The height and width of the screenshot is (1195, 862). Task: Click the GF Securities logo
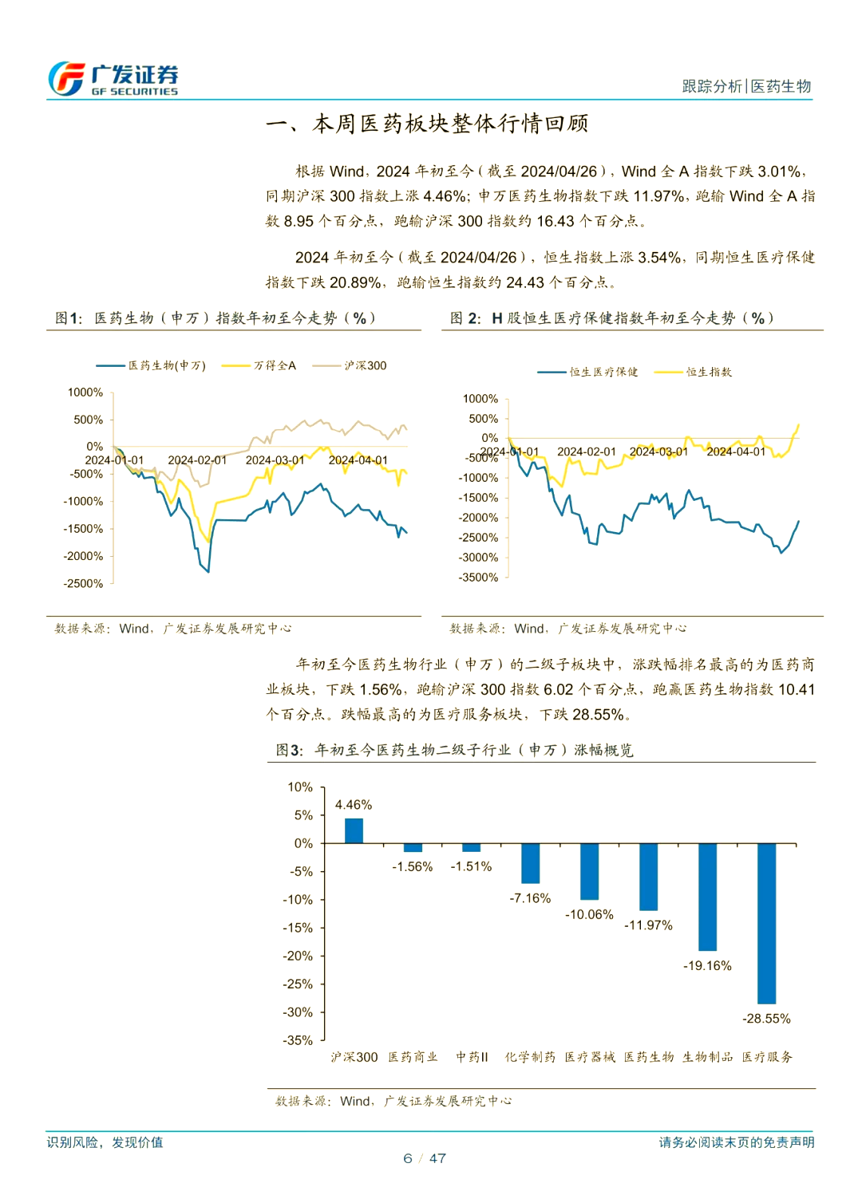(x=113, y=79)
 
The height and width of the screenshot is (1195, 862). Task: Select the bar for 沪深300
(x=354, y=830)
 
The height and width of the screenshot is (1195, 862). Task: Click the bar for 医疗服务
(x=766, y=923)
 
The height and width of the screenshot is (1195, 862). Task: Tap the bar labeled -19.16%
(x=707, y=897)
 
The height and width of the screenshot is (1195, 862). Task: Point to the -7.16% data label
(x=530, y=898)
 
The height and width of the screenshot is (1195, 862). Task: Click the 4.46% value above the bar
(x=354, y=805)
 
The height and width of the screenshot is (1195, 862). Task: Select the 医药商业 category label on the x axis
(x=413, y=1057)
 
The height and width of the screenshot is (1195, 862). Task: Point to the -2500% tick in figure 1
(x=84, y=584)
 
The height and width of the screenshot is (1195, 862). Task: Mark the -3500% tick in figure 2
(x=478, y=578)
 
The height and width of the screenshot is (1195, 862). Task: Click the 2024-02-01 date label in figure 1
(x=197, y=460)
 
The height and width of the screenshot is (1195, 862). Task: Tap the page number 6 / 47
(x=425, y=1158)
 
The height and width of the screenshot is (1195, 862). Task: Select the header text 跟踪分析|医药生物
(x=746, y=86)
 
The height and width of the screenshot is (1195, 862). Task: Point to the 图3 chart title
(x=454, y=750)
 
